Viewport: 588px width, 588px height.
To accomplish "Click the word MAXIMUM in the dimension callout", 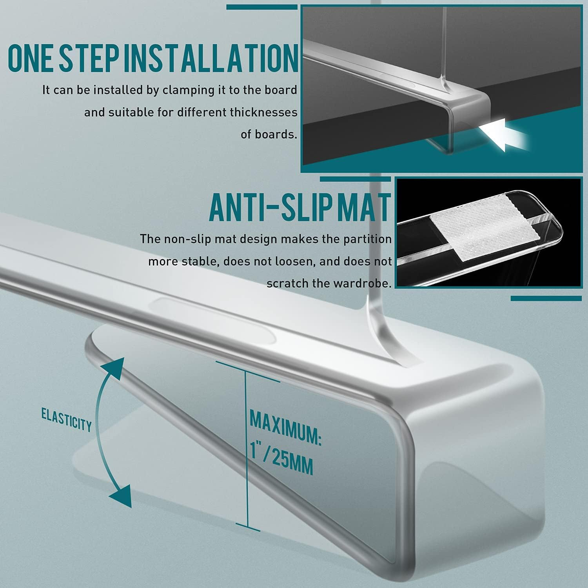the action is tap(285, 427).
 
